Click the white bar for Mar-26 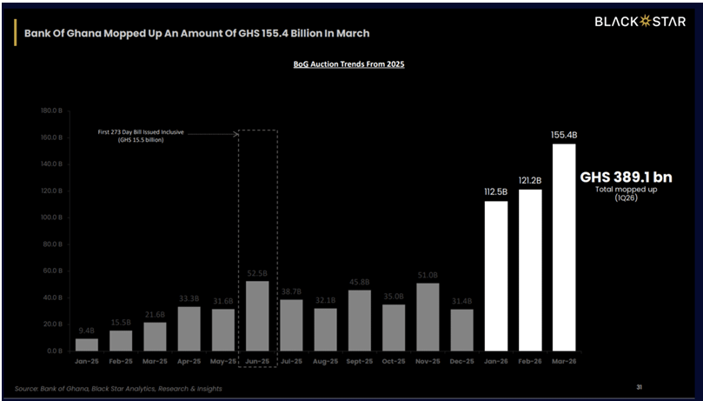coord(563,247)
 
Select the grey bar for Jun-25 coord(257,316)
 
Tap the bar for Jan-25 coord(87,344)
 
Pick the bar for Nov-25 coord(428,317)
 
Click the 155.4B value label coord(564,135)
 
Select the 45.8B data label coord(360,282)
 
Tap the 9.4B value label coord(87,331)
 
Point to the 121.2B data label coord(530,180)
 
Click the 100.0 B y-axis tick coord(48,217)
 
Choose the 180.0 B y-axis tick coord(48,111)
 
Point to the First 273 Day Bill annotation coord(139,136)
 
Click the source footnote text coord(118,388)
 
